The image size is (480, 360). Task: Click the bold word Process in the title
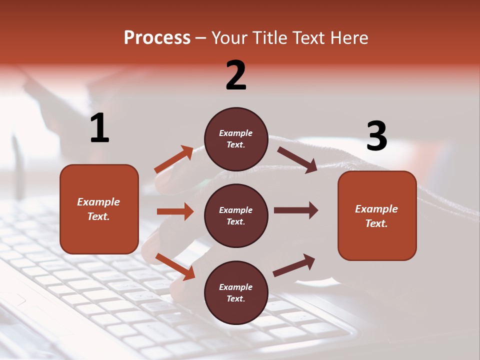[157, 38]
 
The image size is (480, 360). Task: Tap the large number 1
[99, 128]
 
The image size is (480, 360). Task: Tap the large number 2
[236, 75]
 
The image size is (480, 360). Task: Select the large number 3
[376, 136]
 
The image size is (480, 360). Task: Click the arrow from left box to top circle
[174, 159]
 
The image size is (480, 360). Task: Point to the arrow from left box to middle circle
[175, 211]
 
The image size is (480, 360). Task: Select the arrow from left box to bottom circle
[175, 266]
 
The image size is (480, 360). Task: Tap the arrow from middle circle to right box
[296, 210]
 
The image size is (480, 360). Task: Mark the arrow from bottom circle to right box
[294, 265]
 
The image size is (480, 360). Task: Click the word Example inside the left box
[98, 202]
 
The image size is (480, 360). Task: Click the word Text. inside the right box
[376, 223]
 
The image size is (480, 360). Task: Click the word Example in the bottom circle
[236, 287]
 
